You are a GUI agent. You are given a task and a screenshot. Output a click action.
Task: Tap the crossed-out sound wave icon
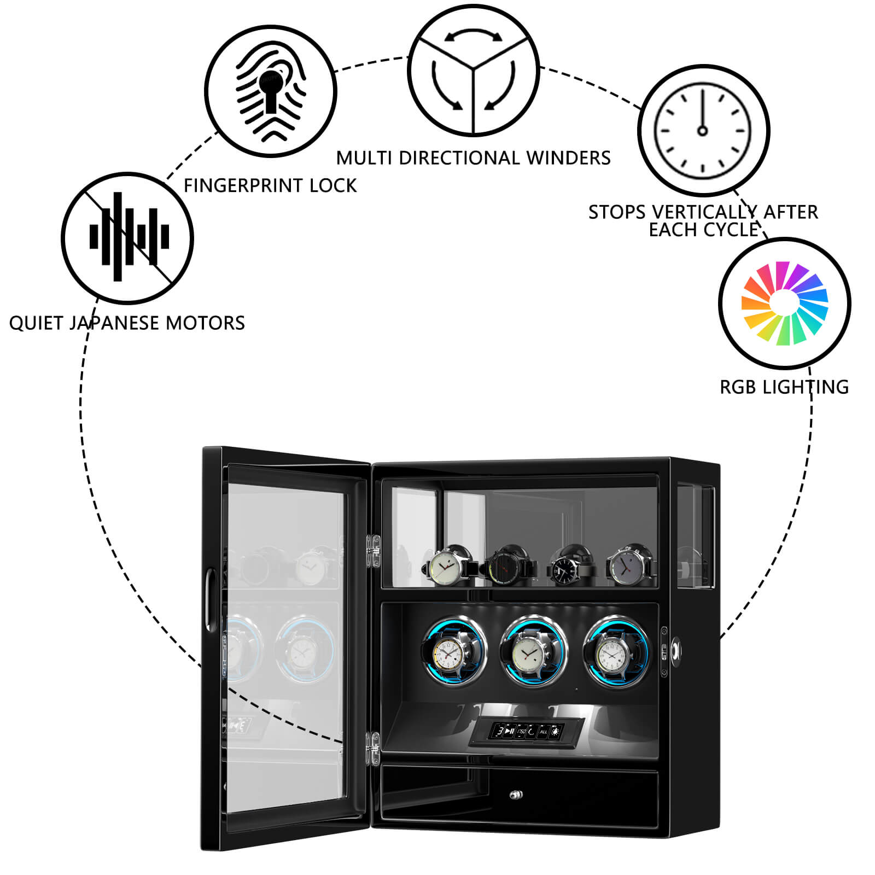tap(127, 238)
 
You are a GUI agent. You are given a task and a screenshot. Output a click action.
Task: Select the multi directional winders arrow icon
tap(474, 70)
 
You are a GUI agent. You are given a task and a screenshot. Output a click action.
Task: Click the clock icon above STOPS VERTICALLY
tap(703, 130)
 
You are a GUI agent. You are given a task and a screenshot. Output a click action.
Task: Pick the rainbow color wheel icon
tap(785, 304)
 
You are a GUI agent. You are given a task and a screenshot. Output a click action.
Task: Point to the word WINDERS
tap(568, 158)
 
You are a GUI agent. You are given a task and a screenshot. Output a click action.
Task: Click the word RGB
tap(738, 387)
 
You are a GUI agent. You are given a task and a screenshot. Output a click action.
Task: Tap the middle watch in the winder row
tap(530, 652)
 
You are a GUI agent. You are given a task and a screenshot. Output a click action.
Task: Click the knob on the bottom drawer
tap(515, 795)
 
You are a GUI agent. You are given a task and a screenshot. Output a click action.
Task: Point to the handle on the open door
tap(210, 601)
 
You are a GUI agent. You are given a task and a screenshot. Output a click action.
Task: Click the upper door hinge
tap(375, 552)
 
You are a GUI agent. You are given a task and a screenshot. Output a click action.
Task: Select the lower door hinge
tap(375, 748)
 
